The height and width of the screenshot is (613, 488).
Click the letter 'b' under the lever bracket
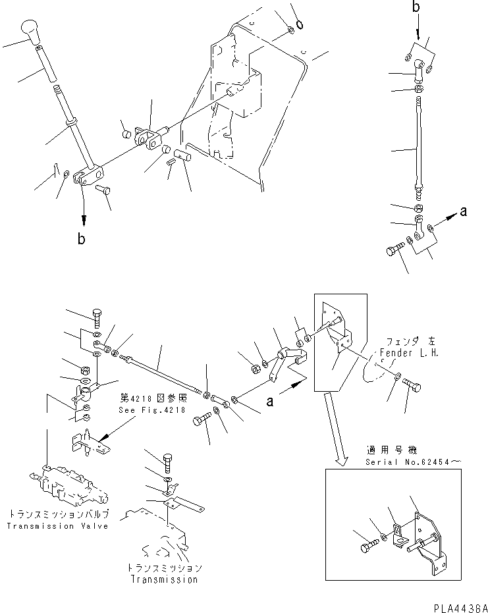(82, 240)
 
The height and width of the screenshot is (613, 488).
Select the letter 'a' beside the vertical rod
(464, 211)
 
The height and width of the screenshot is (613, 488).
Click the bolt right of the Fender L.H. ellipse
(413, 385)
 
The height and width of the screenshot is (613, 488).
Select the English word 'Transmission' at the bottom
(163, 579)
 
